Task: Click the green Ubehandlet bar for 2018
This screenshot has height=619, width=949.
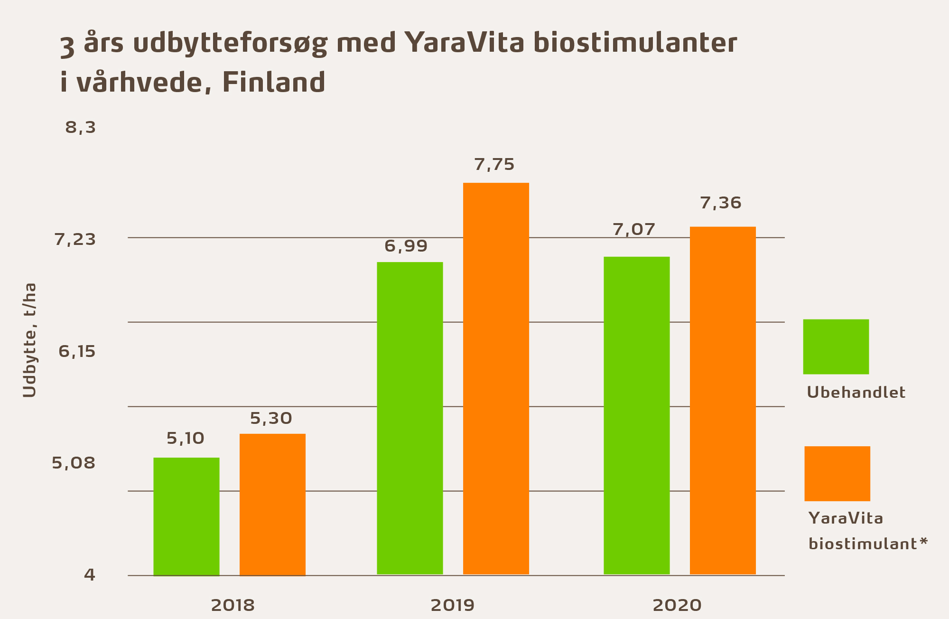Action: tap(186, 516)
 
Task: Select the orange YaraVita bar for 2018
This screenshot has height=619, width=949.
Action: tap(272, 504)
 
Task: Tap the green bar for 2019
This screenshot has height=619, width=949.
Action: tap(409, 418)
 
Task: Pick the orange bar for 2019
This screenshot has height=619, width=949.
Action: tap(496, 378)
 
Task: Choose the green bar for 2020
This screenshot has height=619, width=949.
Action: tap(636, 415)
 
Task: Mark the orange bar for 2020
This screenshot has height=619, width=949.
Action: tap(723, 400)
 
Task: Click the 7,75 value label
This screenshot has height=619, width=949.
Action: tap(494, 165)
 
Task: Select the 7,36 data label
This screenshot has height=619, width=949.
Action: tap(721, 203)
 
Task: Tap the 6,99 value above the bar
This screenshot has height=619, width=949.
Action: tap(406, 246)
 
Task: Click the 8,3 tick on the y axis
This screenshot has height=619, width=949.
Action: tap(81, 128)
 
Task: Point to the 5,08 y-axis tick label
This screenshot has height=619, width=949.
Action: tap(74, 463)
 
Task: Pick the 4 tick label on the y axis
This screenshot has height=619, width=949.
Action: tap(90, 575)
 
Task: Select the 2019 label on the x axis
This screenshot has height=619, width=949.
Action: tap(452, 605)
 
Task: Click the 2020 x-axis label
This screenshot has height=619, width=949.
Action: tap(677, 605)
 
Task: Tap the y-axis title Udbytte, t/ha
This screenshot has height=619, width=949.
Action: tap(29, 340)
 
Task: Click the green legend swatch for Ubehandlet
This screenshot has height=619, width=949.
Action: tap(836, 347)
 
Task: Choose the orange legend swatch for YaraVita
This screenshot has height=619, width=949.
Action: tap(837, 473)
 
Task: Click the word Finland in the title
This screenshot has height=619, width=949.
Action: tap(274, 83)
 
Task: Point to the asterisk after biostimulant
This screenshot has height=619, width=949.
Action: tap(923, 541)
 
